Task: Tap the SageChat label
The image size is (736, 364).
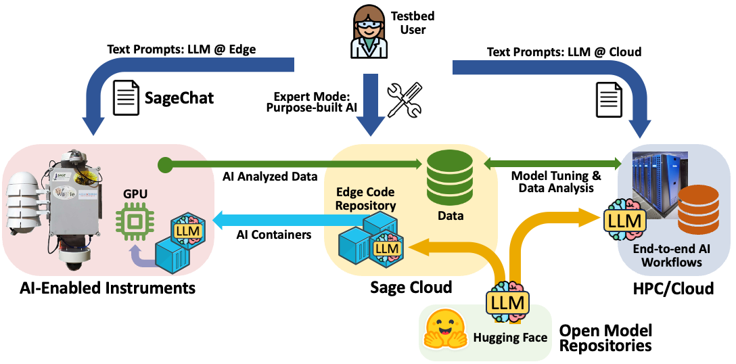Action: click(x=179, y=98)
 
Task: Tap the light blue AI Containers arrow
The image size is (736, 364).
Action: click(x=284, y=219)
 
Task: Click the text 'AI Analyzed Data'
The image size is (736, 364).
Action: click(x=270, y=177)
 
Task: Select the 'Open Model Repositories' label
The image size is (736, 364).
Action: click(x=605, y=338)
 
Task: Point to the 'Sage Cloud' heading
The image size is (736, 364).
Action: click(x=411, y=288)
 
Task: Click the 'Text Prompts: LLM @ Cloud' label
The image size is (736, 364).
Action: click(x=564, y=51)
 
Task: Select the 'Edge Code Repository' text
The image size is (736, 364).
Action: click(x=365, y=199)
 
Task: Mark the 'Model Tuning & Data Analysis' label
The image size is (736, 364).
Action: click(x=556, y=182)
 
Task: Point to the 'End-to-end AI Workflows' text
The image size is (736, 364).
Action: click(x=672, y=255)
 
